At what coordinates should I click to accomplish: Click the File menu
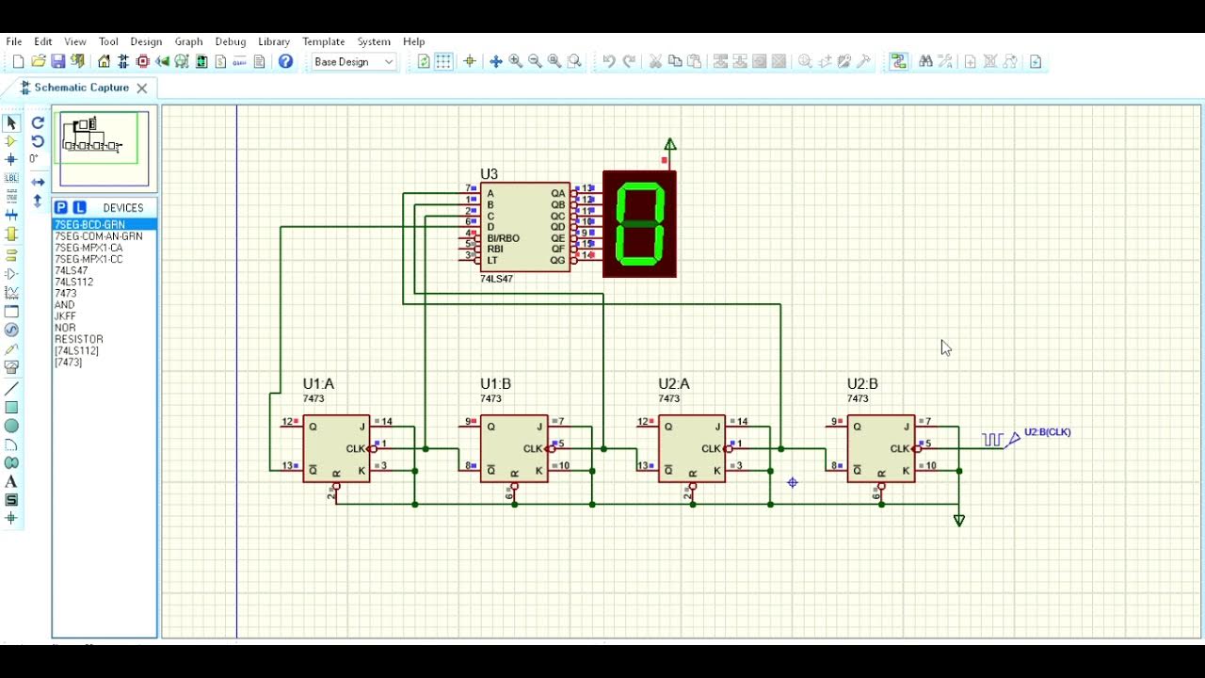[x=14, y=41]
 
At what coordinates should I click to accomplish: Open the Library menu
[x=274, y=41]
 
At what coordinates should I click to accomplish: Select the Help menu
[x=414, y=41]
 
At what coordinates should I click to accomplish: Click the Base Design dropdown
[x=353, y=62]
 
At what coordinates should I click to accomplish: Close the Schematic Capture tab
[x=142, y=88]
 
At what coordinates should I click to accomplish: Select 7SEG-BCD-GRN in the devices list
[x=90, y=225]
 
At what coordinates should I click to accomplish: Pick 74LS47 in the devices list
[x=72, y=270]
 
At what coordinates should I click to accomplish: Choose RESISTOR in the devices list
[x=79, y=339]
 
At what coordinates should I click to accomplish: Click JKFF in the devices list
[x=65, y=316]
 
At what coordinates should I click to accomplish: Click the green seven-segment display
[x=639, y=224]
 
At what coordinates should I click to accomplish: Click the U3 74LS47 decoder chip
[x=524, y=227]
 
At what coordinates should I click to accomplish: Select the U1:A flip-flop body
[x=336, y=448]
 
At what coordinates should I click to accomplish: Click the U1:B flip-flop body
[x=514, y=448]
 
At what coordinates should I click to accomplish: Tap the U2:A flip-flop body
[x=692, y=448]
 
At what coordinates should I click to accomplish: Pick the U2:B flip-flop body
[x=880, y=448]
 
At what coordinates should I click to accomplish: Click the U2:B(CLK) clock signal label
[x=1047, y=432]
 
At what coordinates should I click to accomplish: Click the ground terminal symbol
[x=959, y=520]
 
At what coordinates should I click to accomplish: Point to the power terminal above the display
[x=670, y=145]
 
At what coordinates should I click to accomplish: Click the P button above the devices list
[x=61, y=207]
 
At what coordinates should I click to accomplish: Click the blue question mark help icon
[x=286, y=61]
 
